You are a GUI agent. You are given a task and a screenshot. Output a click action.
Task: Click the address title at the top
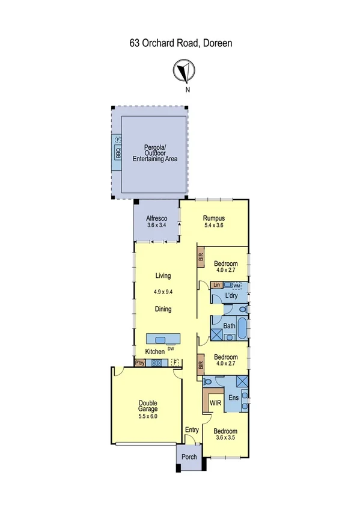pos(180,43)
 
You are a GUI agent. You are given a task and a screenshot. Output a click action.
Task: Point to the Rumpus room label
pos(213,218)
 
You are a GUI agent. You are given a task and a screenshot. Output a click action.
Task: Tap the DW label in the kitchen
pos(171,349)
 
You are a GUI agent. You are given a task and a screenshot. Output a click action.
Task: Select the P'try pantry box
pos(139,363)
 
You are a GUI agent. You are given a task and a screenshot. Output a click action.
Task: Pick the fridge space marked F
pos(175,363)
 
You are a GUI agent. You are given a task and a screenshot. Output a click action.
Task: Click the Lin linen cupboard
pos(217,284)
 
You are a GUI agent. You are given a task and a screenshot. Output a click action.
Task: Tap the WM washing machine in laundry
pos(236,285)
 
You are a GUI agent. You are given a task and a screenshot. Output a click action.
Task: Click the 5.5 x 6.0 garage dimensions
pos(147,416)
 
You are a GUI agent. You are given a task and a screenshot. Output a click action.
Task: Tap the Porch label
pos(189,456)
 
